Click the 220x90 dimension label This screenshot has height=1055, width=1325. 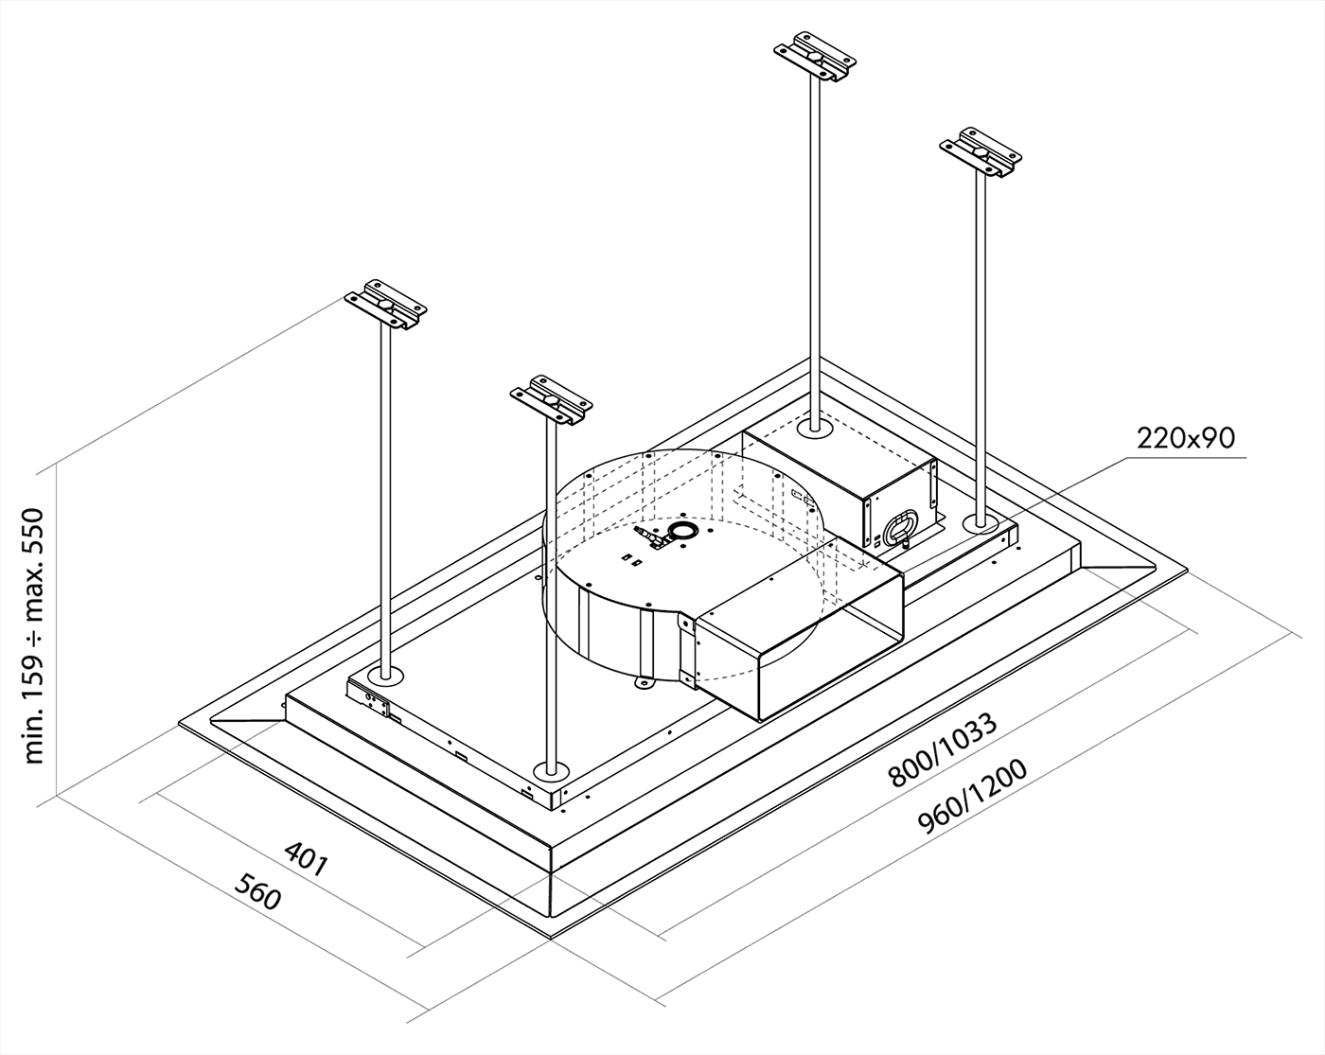1186,437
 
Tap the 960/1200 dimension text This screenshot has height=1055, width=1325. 973,798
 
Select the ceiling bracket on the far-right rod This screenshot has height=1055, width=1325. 980,151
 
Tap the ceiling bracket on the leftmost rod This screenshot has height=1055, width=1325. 385,304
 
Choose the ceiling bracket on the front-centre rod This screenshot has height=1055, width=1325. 551,400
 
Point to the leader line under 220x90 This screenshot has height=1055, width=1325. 1136,459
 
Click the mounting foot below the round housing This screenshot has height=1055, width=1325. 645,679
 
